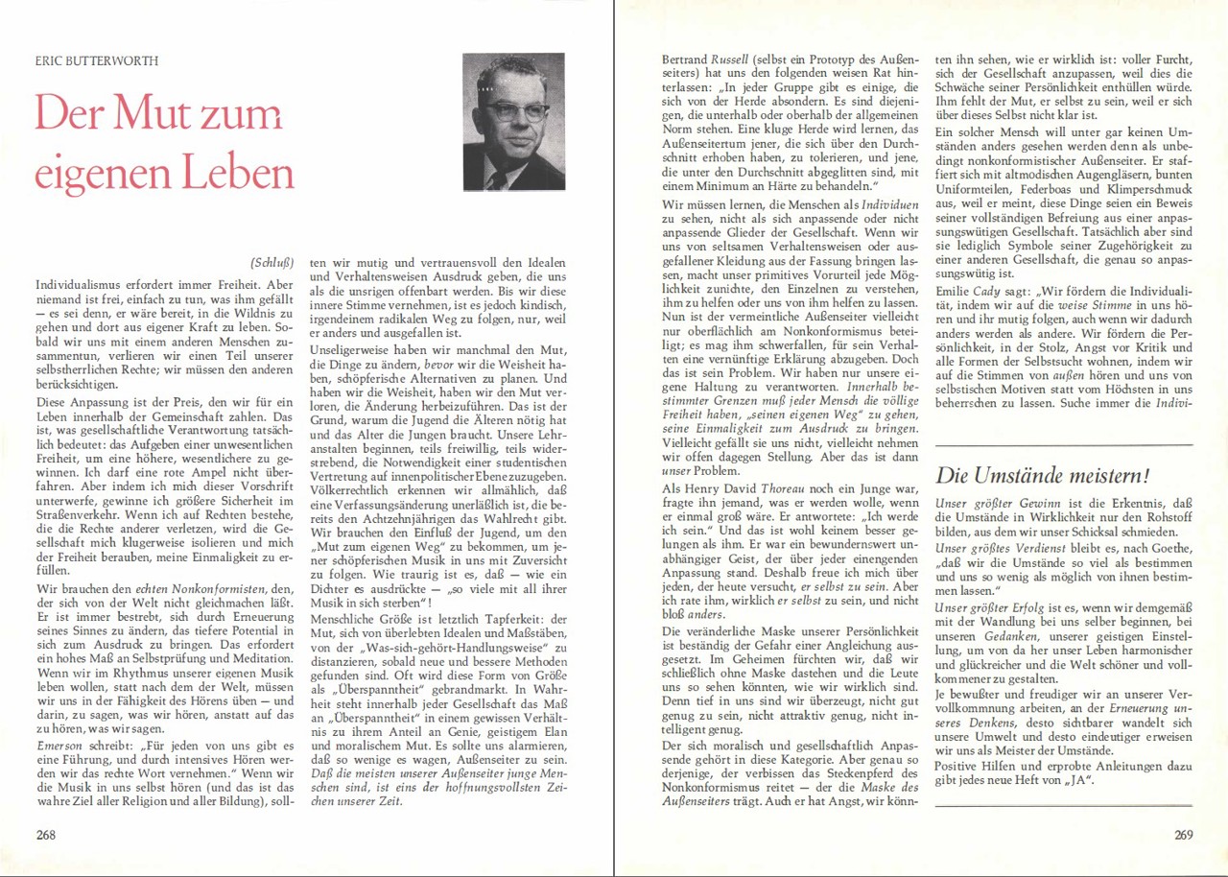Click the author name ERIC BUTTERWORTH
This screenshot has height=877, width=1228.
coord(97,60)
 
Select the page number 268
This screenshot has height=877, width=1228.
coord(45,834)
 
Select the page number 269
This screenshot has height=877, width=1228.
coord(1183,834)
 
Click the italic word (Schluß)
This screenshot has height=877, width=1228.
coord(272,262)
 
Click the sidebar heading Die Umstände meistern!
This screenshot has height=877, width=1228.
coord(1042,475)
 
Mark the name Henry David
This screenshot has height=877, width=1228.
coord(712,488)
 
